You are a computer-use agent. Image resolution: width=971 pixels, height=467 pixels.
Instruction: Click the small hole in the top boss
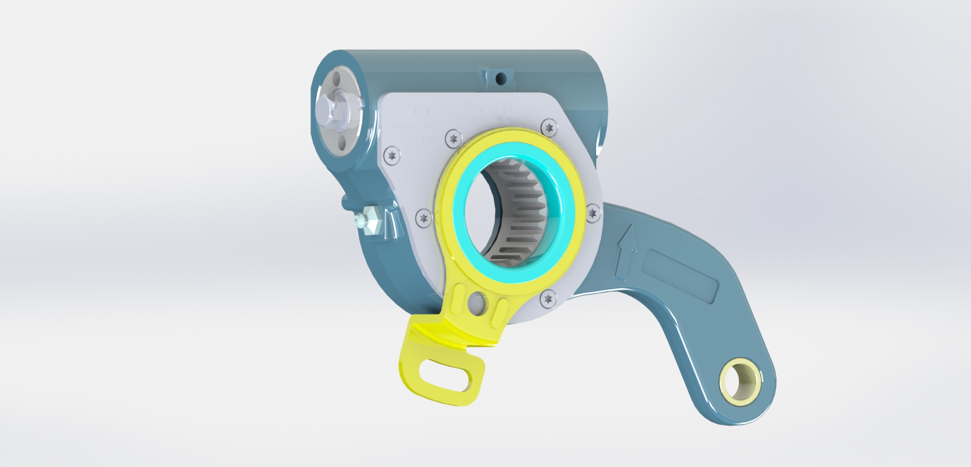click(x=501, y=78)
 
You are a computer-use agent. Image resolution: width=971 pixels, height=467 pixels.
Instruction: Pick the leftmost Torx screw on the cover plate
click(x=392, y=155)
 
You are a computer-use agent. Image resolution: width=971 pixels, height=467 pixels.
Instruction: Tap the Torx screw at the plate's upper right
click(x=549, y=126)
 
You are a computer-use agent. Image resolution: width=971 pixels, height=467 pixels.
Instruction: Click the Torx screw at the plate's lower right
click(x=548, y=298)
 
